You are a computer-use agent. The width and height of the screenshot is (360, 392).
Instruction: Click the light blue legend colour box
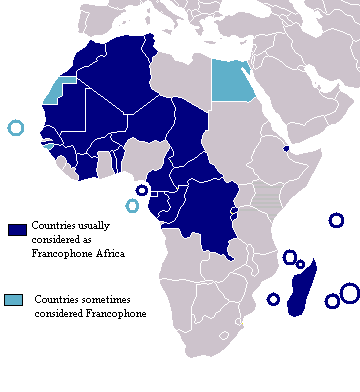click(x=15, y=300)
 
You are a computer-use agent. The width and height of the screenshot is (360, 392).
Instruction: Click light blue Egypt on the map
click(x=233, y=78)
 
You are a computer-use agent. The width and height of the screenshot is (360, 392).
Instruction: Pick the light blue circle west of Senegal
click(x=15, y=128)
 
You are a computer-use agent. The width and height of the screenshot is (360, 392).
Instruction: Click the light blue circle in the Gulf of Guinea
click(x=132, y=206)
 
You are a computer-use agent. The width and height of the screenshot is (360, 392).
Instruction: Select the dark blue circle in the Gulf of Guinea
click(x=142, y=190)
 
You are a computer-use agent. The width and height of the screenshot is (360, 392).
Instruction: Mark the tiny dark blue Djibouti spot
click(x=287, y=148)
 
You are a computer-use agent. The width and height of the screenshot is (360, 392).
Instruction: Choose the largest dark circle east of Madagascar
click(x=349, y=292)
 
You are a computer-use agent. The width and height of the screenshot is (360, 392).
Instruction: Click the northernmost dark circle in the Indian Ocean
click(x=336, y=221)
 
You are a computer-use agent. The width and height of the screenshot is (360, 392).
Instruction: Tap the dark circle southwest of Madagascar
click(x=273, y=299)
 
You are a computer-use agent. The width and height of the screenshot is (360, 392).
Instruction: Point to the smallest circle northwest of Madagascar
click(x=300, y=264)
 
